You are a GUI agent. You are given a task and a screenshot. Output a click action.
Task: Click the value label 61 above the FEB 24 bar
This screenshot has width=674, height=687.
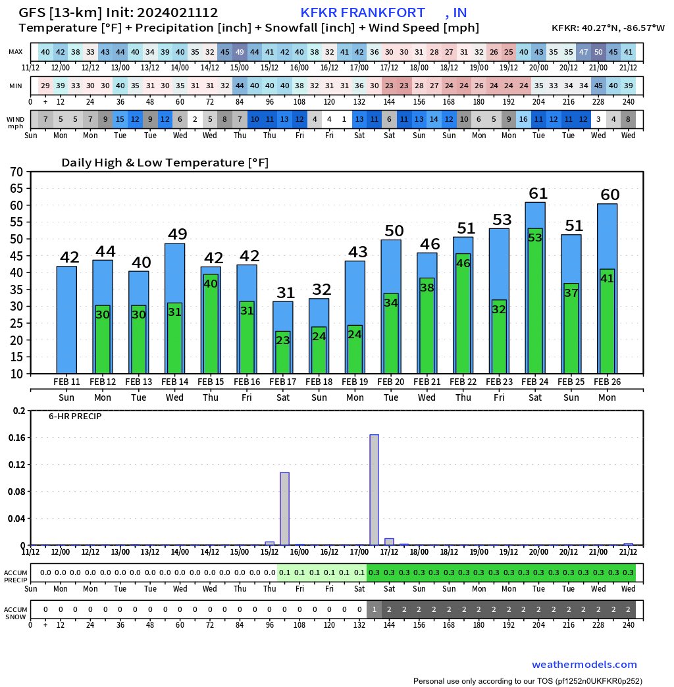tap(538, 193)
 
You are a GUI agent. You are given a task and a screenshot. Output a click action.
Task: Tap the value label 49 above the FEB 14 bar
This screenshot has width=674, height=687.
tap(177, 234)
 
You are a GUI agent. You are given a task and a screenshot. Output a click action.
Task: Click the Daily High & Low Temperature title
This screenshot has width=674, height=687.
tap(165, 163)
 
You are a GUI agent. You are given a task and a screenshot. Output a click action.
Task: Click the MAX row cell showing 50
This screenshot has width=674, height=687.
tap(598, 52)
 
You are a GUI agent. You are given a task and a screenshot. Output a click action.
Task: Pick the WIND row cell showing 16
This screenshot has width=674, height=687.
tap(523, 120)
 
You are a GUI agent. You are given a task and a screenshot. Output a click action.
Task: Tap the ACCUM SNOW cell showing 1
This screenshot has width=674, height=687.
tap(374, 609)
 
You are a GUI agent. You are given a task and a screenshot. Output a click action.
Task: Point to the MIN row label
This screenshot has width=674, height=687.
tap(16, 86)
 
